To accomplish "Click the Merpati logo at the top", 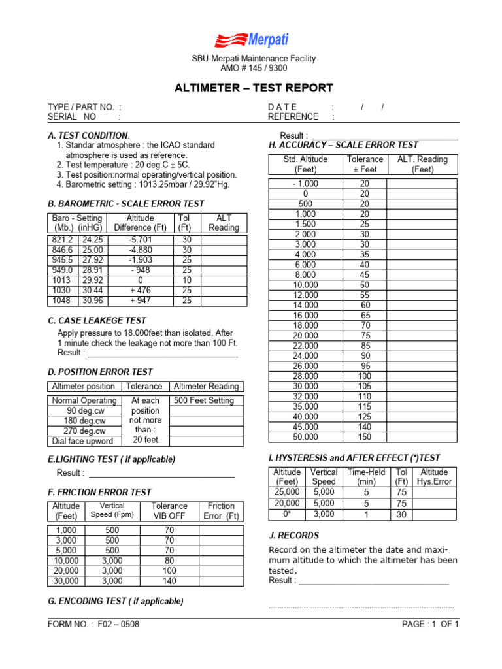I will [250, 40].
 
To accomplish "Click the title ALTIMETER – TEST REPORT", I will [253, 88].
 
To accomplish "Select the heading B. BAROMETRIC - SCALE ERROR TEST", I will [126, 204].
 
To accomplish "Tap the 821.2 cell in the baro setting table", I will [63, 240].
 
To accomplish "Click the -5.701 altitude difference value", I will [140, 240].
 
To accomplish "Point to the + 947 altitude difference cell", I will [140, 301].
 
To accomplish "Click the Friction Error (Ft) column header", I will [221, 511].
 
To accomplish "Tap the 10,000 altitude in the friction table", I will [66, 561].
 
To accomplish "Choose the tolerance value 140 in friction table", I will [169, 581].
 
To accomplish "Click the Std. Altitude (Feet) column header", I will [305, 164].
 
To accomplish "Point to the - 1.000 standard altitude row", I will [305, 184].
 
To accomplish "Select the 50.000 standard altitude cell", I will [305, 437].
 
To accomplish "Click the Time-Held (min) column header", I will [365, 477].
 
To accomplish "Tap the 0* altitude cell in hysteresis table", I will [287, 514].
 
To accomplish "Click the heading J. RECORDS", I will [294, 536].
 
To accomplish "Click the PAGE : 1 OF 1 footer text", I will [431, 624].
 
